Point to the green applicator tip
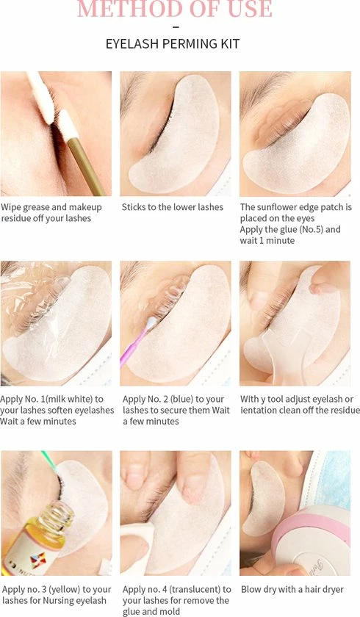coord(49,461)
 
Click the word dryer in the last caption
coord(333,590)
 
